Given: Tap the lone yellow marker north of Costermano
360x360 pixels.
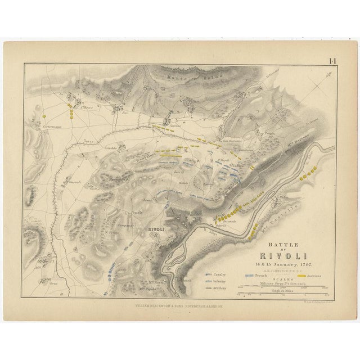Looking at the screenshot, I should [44, 116].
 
